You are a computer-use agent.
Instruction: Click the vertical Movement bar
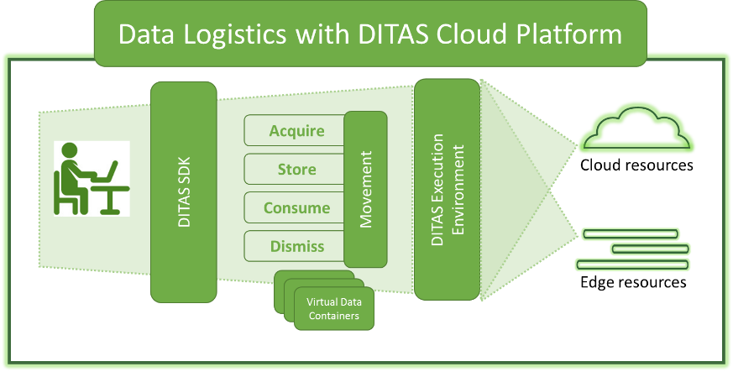point(365,189)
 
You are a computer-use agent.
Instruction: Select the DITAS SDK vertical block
point(184,192)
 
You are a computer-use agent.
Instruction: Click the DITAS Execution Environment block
point(448,189)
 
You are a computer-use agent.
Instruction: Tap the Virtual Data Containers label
point(334,308)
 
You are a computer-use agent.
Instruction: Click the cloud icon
point(636,128)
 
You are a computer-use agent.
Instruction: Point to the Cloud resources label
point(636,165)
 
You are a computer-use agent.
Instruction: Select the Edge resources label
point(633,282)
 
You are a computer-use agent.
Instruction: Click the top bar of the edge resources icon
point(631,233)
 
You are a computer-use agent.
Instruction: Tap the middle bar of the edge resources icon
point(650,249)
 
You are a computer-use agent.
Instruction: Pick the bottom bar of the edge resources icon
point(632,265)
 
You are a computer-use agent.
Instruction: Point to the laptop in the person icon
point(106,172)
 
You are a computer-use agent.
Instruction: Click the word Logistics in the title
point(234,34)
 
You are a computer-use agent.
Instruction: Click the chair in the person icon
point(63,196)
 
